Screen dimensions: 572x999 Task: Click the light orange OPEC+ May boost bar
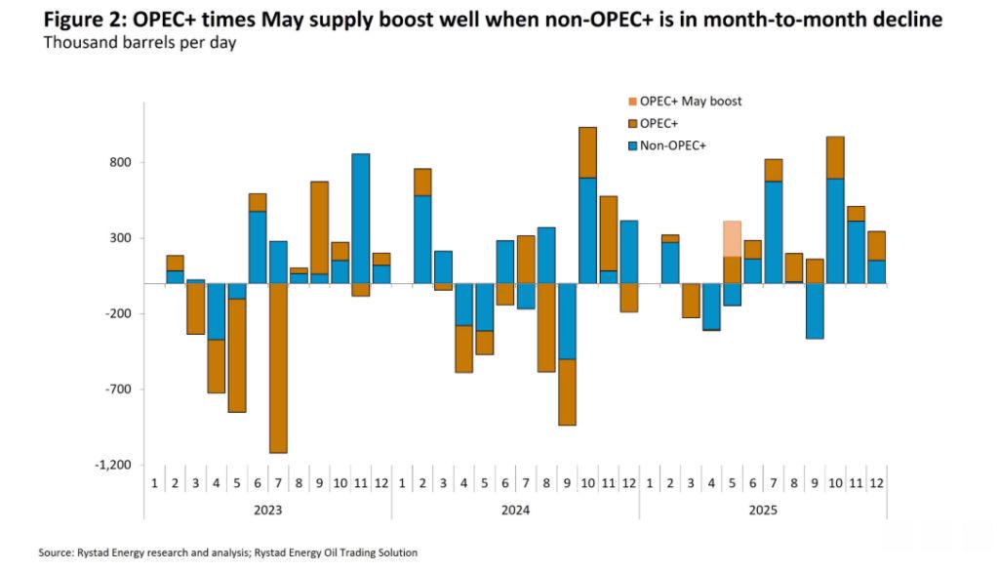732,238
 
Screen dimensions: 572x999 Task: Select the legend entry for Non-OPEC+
673,144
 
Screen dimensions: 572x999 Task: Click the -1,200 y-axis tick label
112,465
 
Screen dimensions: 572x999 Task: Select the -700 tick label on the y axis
117,389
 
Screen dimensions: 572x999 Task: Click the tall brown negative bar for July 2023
278,368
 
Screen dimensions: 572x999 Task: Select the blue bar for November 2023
360,218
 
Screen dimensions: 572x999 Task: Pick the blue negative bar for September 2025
815,310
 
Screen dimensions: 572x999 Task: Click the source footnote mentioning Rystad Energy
227,552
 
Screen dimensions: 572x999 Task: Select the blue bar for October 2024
587,230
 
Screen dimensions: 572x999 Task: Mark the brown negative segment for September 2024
567,392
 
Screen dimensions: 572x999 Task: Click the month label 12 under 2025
876,483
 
